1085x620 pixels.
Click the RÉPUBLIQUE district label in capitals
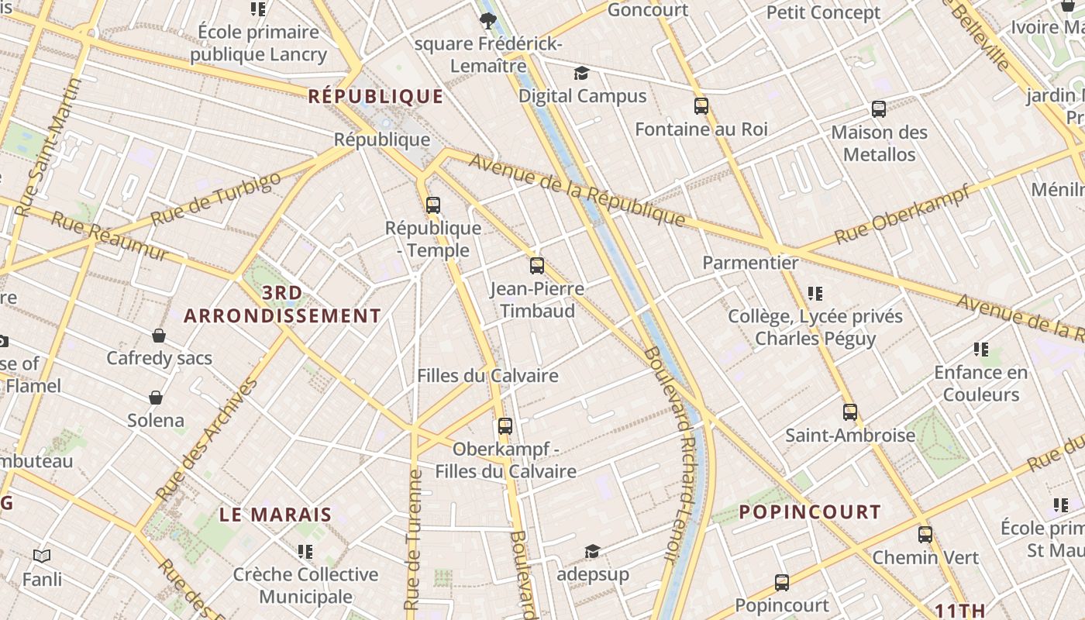(x=376, y=97)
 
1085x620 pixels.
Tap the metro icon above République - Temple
(x=433, y=205)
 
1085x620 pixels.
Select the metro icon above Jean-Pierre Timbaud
(x=537, y=266)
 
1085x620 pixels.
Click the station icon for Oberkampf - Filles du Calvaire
(x=505, y=425)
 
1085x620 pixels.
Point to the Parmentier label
(x=750, y=263)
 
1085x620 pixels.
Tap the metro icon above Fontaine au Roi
(x=701, y=106)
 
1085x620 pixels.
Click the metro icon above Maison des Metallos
(x=879, y=109)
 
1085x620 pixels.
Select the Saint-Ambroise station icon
(x=850, y=412)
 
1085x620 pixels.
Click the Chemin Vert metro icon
(x=925, y=535)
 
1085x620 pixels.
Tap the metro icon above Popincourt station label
(x=782, y=583)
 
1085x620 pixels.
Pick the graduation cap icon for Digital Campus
(x=581, y=74)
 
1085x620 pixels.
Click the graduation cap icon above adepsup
(x=592, y=551)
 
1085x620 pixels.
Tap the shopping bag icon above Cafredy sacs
(x=159, y=336)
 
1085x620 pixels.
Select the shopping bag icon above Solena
(x=156, y=398)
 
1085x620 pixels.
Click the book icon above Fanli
(x=42, y=556)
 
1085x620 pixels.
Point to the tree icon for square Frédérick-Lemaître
(x=487, y=21)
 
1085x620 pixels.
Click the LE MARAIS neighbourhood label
(x=275, y=515)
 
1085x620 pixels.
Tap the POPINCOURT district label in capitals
(x=810, y=512)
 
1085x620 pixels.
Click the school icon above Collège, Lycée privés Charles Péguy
(x=815, y=294)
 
